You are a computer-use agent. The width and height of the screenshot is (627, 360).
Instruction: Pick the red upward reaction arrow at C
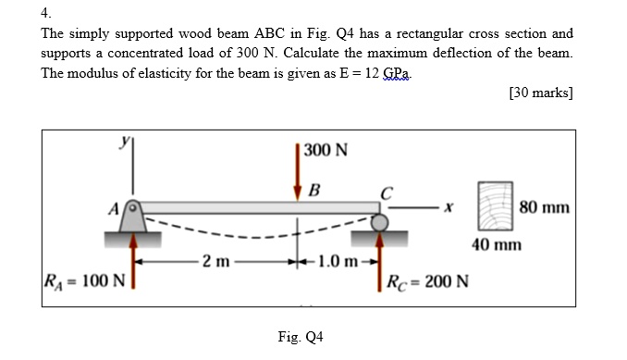coord(379,262)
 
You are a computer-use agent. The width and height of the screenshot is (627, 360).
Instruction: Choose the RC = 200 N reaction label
coord(427,280)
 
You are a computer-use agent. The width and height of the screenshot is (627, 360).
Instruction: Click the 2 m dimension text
coord(215,260)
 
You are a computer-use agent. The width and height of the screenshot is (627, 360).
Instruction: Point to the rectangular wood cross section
coord(495,206)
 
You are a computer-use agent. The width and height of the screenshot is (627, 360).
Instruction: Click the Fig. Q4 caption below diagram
coord(300,337)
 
